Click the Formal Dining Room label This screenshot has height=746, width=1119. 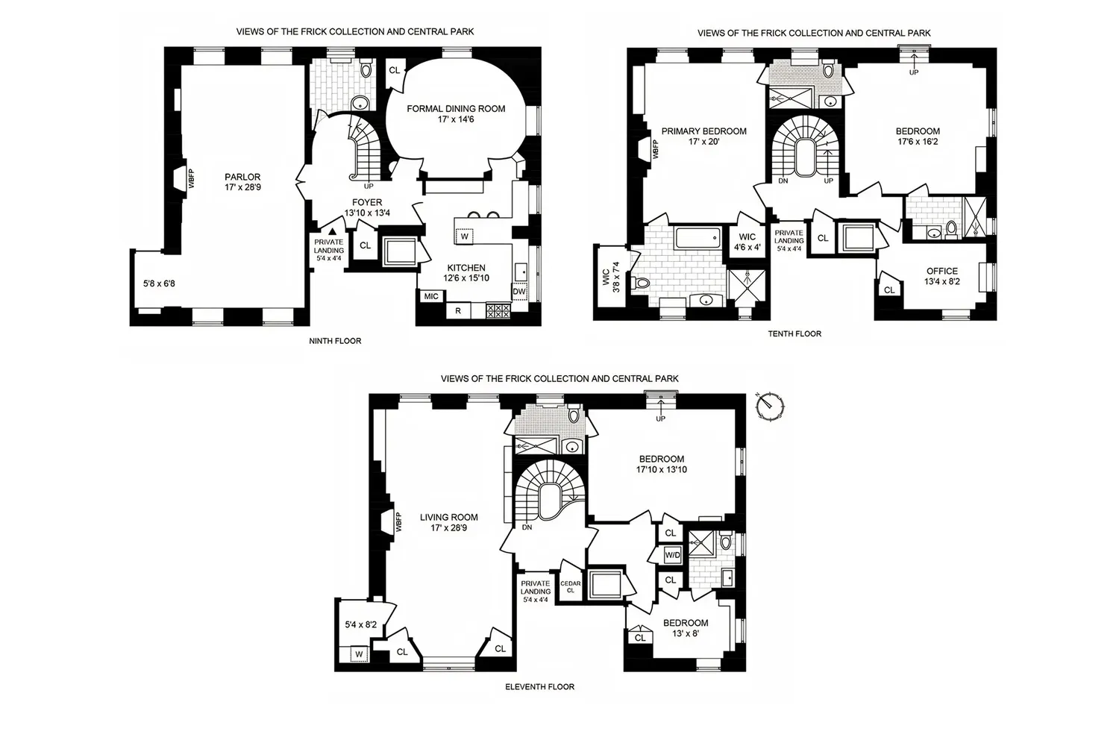tap(456, 114)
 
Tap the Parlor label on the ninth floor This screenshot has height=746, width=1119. tap(242, 182)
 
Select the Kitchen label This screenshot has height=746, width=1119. tap(466, 273)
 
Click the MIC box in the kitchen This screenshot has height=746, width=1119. tap(431, 296)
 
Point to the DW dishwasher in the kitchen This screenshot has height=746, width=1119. tap(519, 291)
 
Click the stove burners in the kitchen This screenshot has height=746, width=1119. tap(498, 311)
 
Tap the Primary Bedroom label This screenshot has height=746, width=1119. tap(704, 137)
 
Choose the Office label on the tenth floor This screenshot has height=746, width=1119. tap(942, 276)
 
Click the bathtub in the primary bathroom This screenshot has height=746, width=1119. tap(698, 238)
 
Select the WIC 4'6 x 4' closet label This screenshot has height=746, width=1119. tap(747, 242)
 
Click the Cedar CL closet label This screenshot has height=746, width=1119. tap(571, 586)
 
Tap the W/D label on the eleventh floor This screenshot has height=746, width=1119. tap(672, 555)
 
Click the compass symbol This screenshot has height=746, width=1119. tap(770, 406)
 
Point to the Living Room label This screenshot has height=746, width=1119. tap(448, 523)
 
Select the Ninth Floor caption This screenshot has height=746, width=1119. tap(335, 341)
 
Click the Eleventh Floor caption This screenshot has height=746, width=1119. tap(539, 686)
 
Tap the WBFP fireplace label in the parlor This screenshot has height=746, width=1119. tap(191, 179)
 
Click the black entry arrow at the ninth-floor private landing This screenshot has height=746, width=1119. tap(332, 231)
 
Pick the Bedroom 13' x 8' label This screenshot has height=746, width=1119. tap(686, 628)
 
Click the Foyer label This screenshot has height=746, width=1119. tap(367, 207)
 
